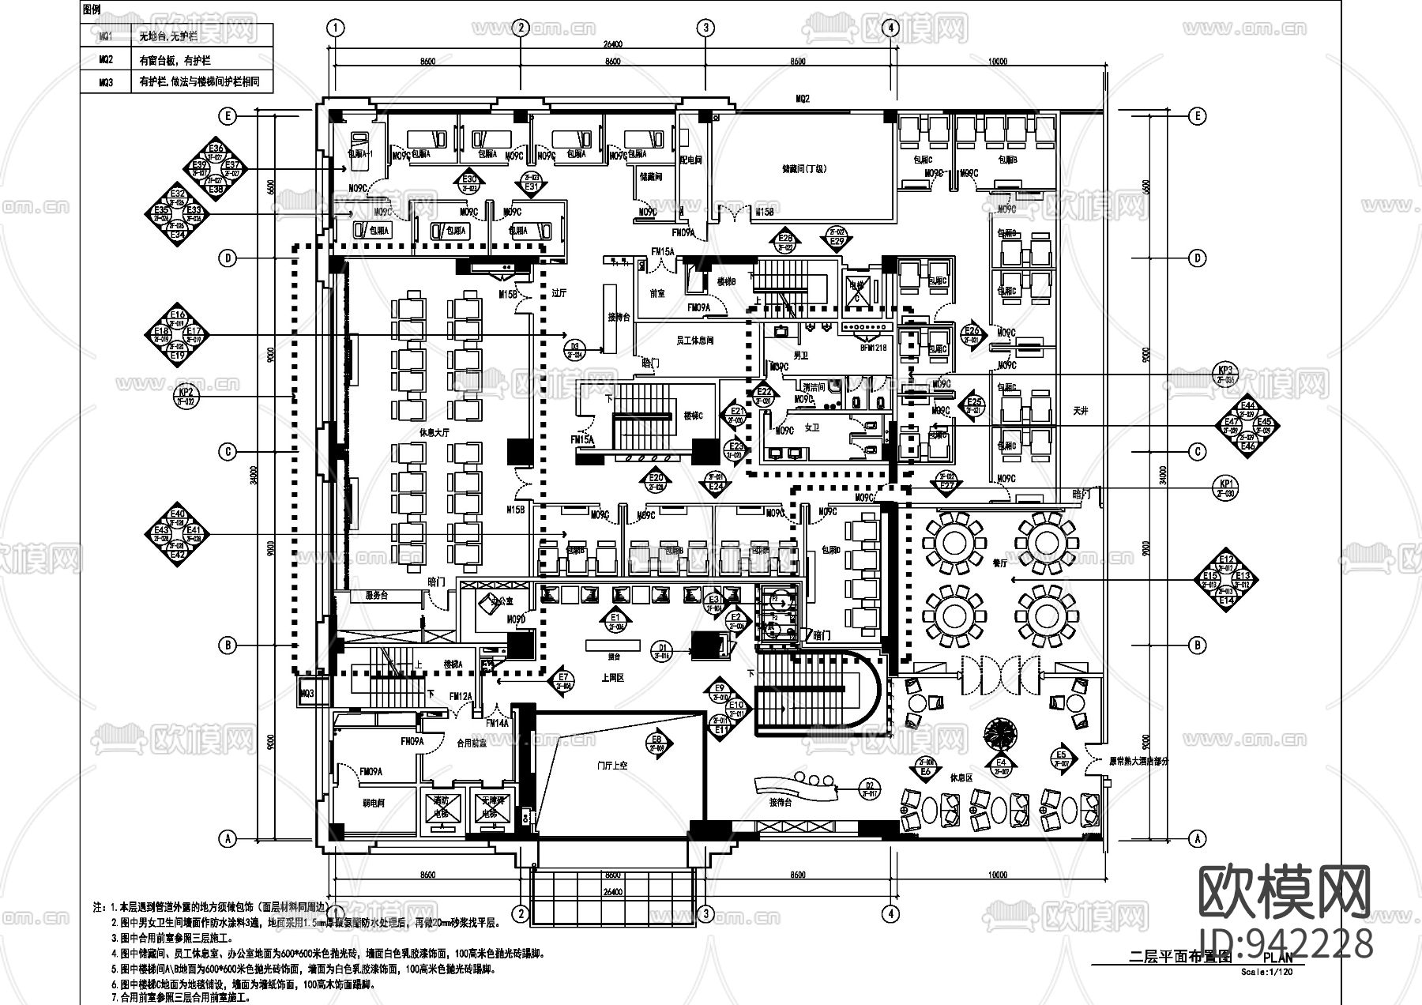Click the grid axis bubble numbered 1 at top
tap(337, 28)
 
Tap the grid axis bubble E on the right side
tap(1198, 116)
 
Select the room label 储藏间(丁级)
tap(803, 168)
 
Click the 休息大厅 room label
tap(434, 432)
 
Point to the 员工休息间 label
tap(694, 341)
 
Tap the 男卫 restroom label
tap(800, 356)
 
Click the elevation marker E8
tap(657, 743)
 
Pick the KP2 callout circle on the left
tap(186, 395)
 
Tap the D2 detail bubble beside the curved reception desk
tap(869, 788)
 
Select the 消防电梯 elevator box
tap(439, 807)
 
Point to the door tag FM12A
tap(461, 697)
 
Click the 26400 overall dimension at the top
tap(613, 45)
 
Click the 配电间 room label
tap(690, 160)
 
